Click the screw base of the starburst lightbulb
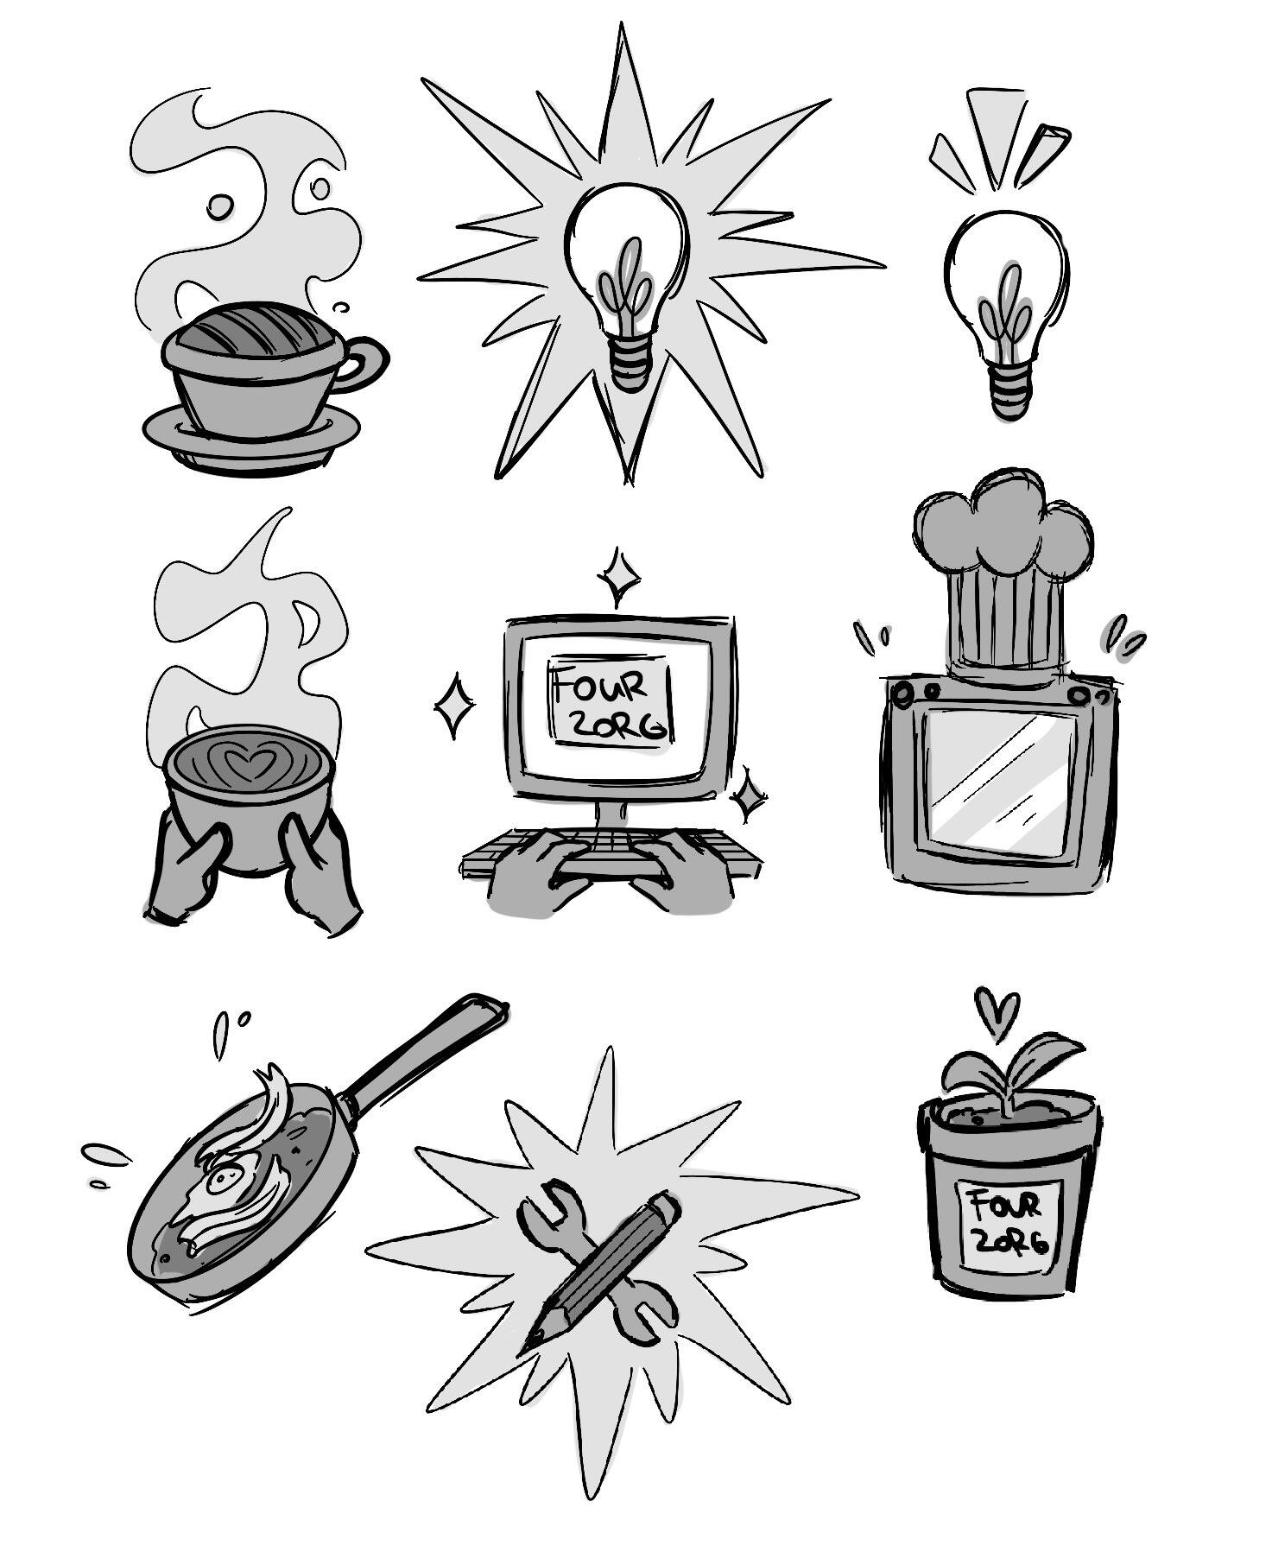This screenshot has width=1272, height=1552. (x=630, y=362)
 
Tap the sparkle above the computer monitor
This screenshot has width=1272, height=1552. (x=618, y=576)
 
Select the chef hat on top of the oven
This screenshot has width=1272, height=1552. (x=1002, y=570)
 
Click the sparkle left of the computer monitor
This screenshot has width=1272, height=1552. (x=453, y=706)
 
